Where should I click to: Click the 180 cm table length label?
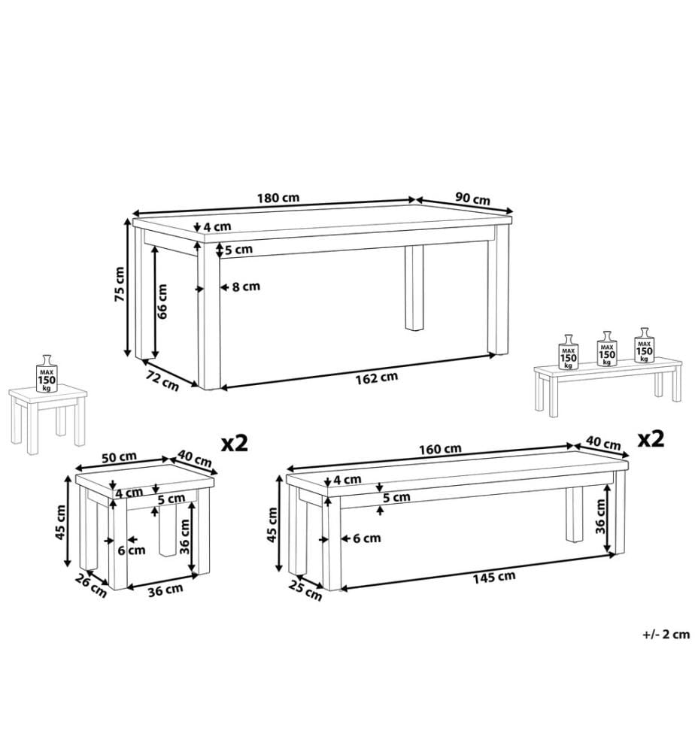click(278, 197)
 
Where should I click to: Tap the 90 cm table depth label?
click(472, 198)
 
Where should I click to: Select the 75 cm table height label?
click(119, 284)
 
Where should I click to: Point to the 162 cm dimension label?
click(377, 378)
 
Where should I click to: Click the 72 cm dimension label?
click(162, 381)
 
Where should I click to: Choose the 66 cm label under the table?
click(162, 302)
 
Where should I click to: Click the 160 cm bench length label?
click(440, 450)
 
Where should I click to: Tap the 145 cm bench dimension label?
click(494, 577)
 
